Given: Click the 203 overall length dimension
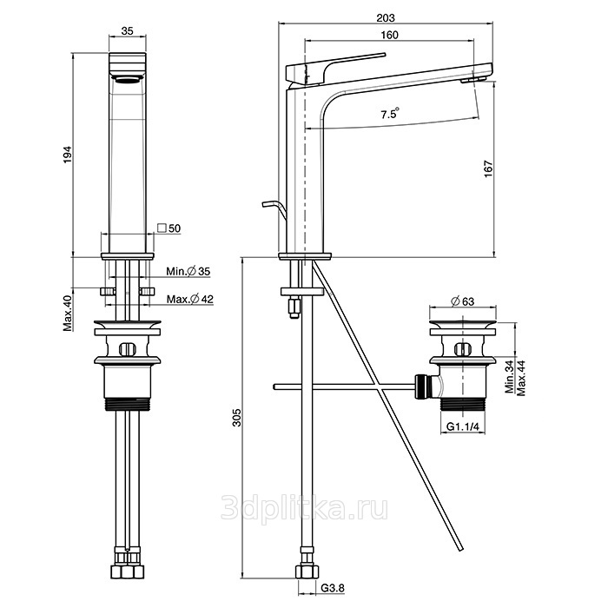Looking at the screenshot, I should [x=387, y=17].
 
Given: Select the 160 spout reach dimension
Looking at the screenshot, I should [x=388, y=36].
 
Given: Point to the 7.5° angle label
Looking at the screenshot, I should [x=389, y=114].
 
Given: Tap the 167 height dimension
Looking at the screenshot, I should [x=488, y=166].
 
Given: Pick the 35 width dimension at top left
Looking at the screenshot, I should [x=127, y=30].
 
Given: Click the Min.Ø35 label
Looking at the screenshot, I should [x=188, y=272].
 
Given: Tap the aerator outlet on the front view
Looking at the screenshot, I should [x=128, y=78].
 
